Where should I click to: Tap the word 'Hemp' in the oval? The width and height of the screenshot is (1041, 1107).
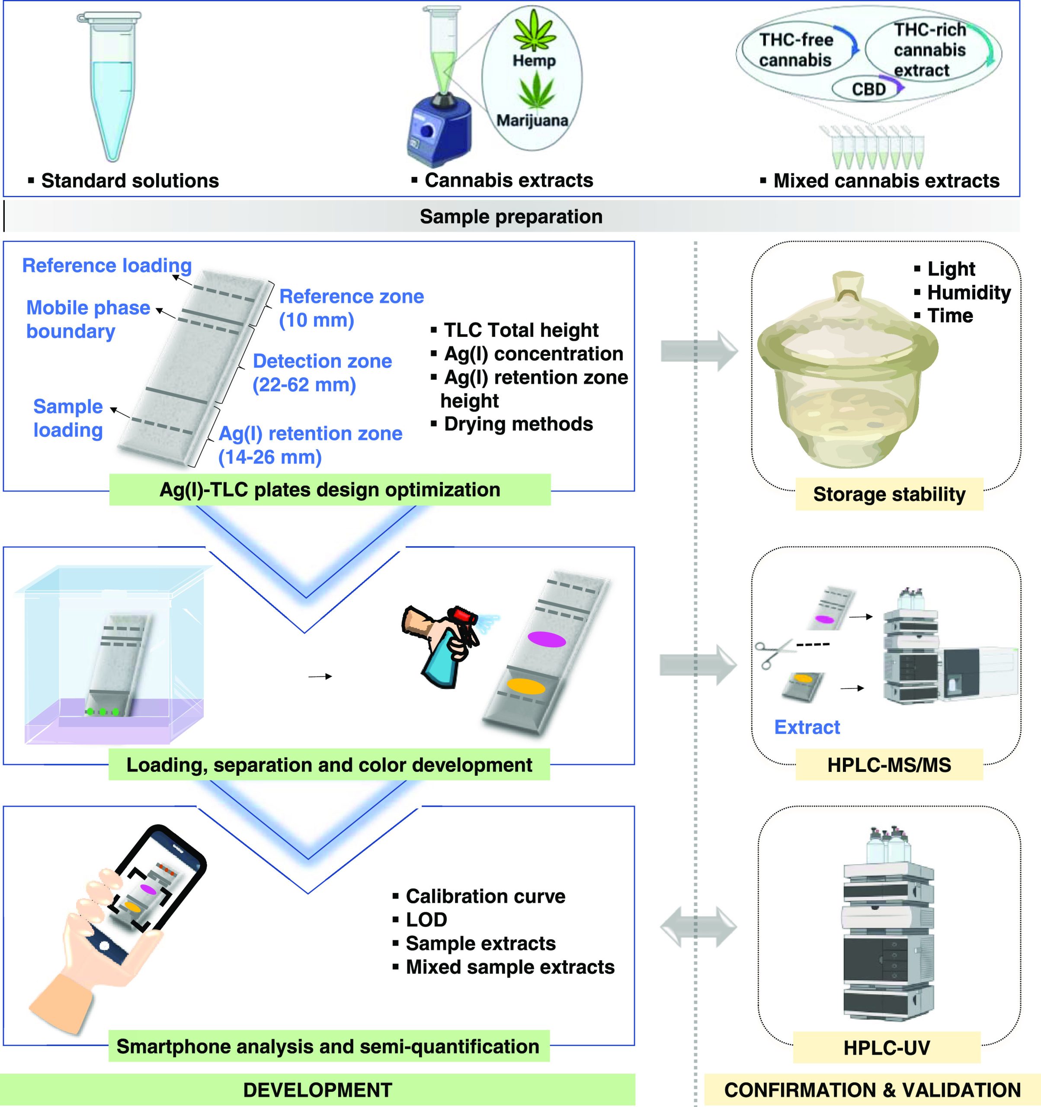click(x=534, y=60)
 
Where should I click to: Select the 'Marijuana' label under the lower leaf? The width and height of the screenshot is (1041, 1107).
click(x=532, y=120)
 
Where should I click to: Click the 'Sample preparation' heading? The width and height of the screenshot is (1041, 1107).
click(x=511, y=217)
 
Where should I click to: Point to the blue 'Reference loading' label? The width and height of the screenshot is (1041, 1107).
click(x=107, y=266)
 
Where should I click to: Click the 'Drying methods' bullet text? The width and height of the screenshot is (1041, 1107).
click(x=518, y=424)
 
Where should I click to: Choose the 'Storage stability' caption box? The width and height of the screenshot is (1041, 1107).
click(x=889, y=494)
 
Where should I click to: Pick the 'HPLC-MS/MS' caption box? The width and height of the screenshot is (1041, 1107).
click(x=889, y=765)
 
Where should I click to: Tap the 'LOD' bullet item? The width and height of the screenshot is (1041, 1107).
click(x=426, y=919)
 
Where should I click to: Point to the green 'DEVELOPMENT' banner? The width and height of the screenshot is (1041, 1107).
click(x=317, y=1089)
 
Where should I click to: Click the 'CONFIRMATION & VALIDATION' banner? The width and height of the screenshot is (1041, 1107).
click(x=872, y=1089)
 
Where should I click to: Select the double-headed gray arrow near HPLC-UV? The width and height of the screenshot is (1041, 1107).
click(x=698, y=927)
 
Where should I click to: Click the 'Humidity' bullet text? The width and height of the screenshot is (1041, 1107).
click(x=969, y=292)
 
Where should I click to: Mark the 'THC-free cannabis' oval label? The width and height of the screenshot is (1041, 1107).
click(x=795, y=50)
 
